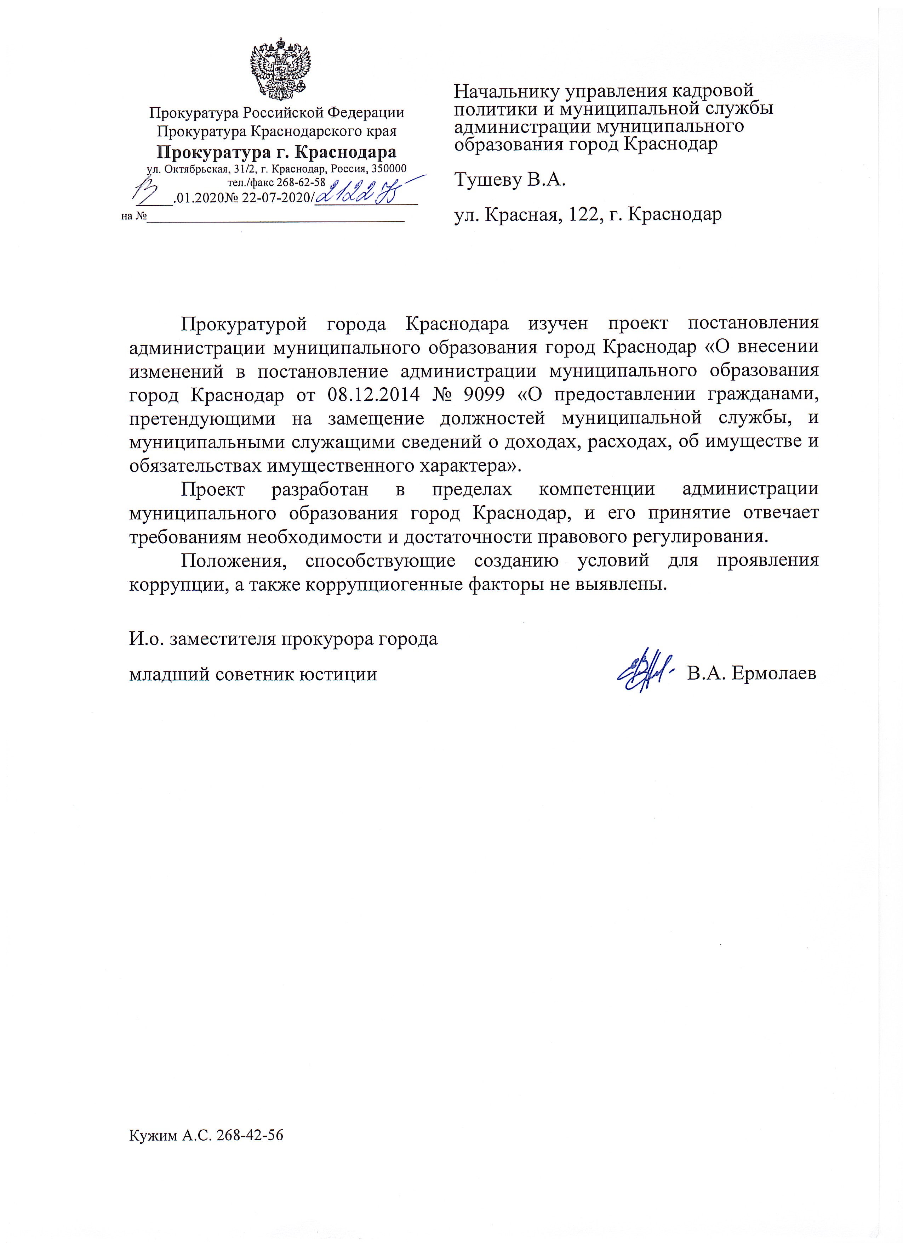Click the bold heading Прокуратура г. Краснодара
[276, 152]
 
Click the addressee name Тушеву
[487, 180]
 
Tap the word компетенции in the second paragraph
[596, 489]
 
